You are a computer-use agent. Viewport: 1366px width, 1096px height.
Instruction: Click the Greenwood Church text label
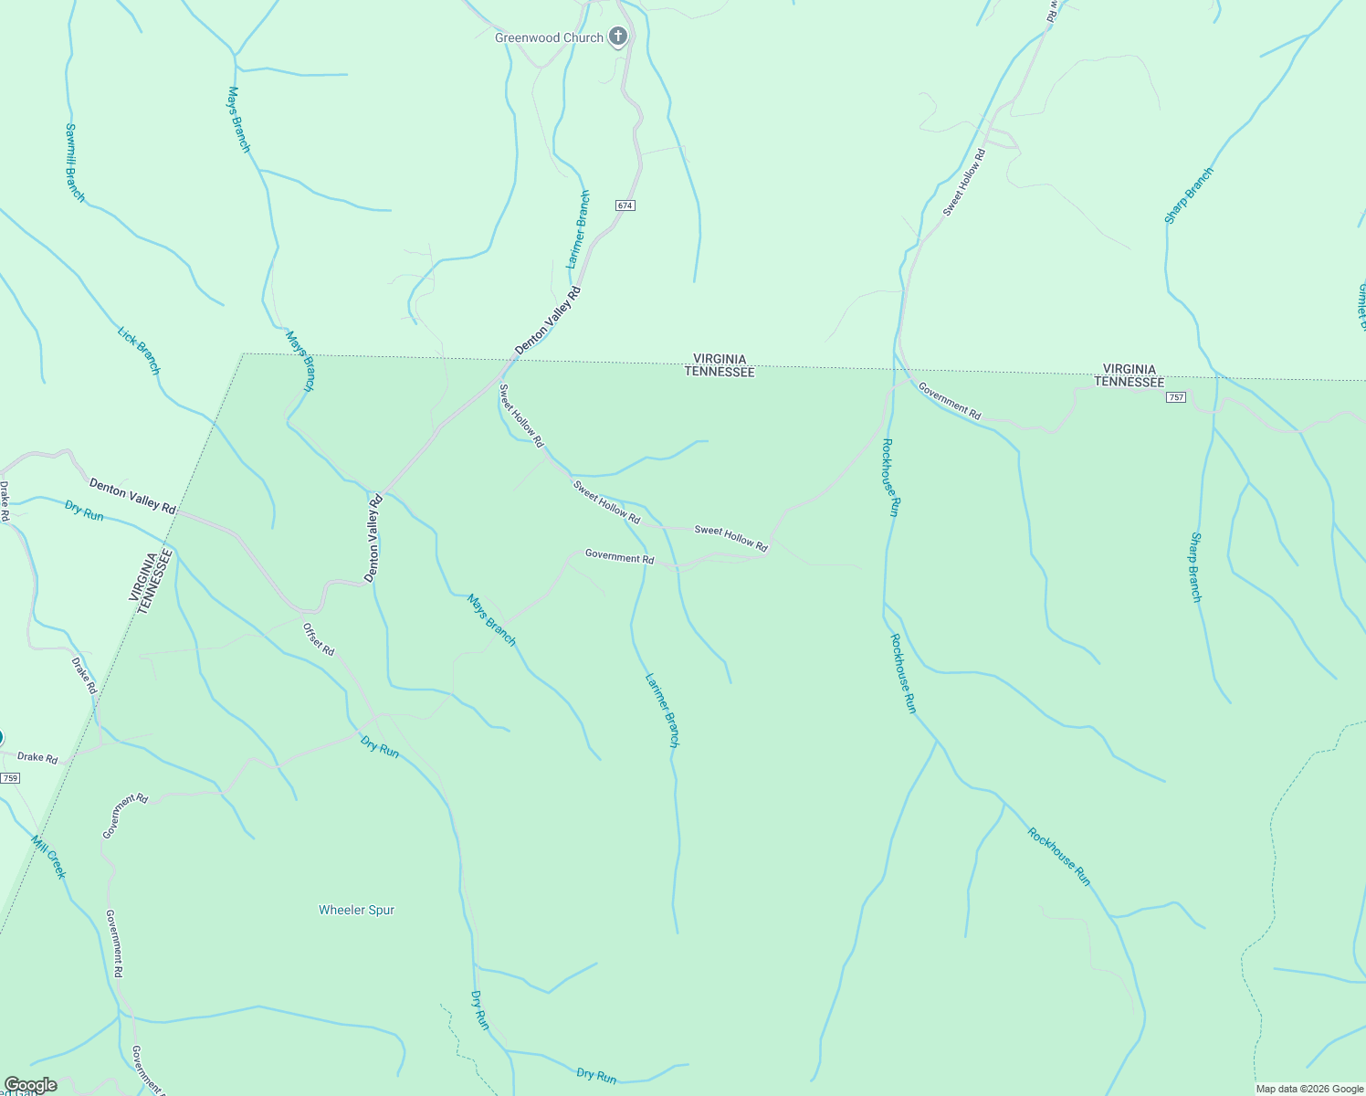(549, 37)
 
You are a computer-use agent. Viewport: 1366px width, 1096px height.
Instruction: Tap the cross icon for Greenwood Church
(618, 37)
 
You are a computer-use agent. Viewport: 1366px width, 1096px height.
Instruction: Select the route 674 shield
(625, 205)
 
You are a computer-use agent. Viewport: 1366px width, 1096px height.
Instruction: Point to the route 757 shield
(1176, 396)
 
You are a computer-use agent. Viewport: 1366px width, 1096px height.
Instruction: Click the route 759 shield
(10, 778)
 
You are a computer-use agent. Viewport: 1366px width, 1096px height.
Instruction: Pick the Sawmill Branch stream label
(75, 163)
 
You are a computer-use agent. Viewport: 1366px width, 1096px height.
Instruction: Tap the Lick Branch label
(139, 350)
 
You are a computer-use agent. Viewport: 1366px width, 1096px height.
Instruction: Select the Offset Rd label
(319, 638)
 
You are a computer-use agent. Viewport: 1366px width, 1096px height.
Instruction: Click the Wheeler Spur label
(356, 910)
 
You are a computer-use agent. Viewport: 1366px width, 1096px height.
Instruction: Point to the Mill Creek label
(48, 857)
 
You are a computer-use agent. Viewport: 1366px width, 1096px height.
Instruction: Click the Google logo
(30, 1085)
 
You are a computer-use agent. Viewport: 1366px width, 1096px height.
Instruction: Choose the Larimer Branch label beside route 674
(578, 228)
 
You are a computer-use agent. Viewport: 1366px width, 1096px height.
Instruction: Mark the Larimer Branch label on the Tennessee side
(662, 711)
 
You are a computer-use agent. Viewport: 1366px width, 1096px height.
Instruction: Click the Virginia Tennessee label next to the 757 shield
(1129, 375)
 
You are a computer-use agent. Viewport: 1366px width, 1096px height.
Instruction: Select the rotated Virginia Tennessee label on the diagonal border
(151, 581)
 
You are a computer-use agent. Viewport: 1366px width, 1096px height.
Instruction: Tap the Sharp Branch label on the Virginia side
(1189, 195)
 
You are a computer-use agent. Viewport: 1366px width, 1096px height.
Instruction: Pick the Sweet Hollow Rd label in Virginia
(965, 183)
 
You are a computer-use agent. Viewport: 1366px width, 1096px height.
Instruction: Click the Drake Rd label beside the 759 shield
(37, 758)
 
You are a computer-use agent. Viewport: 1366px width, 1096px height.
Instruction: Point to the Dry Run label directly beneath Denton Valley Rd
(84, 510)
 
